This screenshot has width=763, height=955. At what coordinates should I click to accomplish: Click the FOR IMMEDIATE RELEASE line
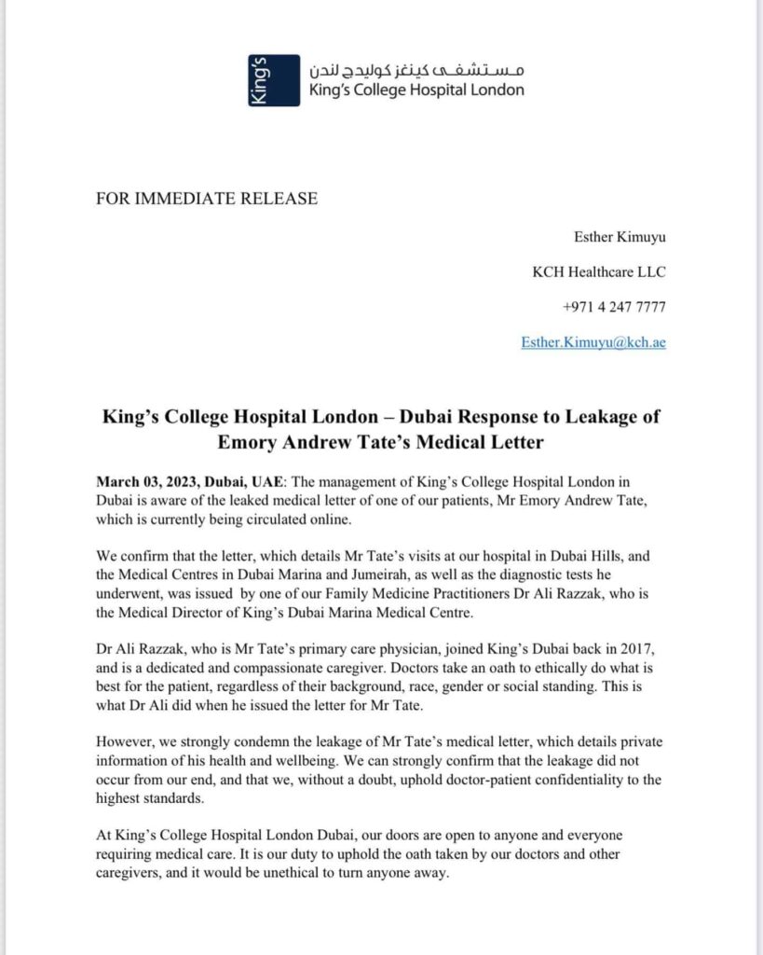207,198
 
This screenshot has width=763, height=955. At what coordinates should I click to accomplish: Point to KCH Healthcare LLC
599,271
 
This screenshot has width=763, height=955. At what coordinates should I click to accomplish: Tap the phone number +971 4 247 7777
614,307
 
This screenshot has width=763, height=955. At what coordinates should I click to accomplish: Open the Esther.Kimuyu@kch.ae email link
593,342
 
